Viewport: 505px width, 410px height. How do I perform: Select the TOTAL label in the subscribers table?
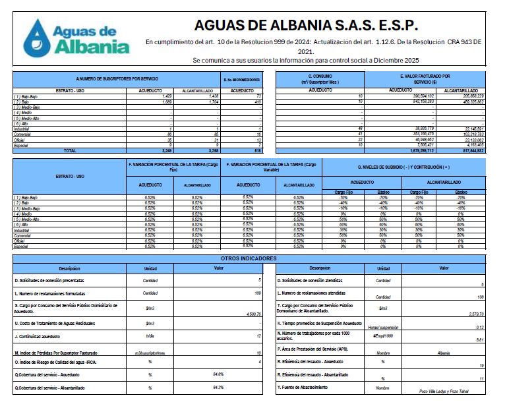coord(69,151)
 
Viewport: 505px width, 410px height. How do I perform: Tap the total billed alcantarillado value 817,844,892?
coord(469,151)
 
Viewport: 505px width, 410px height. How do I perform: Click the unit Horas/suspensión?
coord(383,327)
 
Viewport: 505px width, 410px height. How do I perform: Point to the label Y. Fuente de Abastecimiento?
coord(304,387)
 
